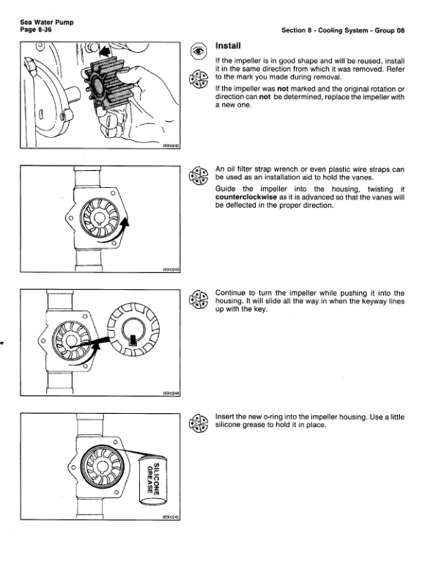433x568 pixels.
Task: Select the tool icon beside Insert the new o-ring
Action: click(x=198, y=425)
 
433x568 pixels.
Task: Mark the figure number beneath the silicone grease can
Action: click(x=170, y=517)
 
